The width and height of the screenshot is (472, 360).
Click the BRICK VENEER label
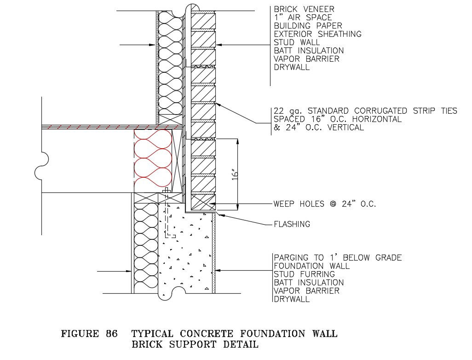(304, 9)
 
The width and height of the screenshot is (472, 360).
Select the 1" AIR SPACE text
(303, 17)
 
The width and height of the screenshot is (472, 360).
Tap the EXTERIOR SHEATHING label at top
(317, 34)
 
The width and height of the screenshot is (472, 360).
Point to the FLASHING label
(292, 224)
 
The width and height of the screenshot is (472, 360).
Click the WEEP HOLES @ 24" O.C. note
(324, 203)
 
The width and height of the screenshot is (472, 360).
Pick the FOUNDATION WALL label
(311, 266)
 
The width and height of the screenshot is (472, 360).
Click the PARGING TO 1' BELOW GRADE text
(337, 257)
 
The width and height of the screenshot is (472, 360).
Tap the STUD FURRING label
(305, 274)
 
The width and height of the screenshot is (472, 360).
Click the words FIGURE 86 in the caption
(89, 334)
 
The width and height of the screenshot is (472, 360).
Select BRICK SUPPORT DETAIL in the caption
(195, 344)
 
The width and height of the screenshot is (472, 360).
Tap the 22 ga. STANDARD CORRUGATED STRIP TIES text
(365, 111)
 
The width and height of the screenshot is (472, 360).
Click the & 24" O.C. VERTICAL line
(318, 128)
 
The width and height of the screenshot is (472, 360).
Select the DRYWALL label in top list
(291, 67)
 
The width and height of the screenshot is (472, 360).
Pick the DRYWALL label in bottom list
(291, 299)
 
